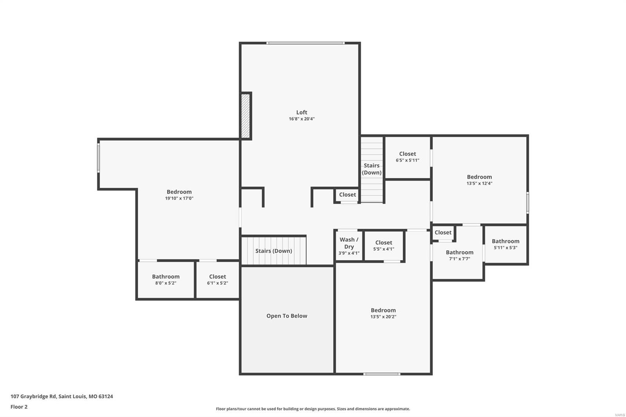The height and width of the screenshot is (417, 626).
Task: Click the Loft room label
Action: pos(301,112)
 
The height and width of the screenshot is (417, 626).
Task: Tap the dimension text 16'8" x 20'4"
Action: pos(301,119)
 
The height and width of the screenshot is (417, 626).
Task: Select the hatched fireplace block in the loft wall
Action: pos(245,116)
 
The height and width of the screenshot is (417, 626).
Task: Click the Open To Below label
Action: pos(286,316)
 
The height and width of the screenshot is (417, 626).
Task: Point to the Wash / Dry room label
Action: pos(349,243)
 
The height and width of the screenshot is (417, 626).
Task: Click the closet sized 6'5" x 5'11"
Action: pos(407,157)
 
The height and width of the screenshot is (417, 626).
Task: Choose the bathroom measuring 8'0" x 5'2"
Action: pos(165,280)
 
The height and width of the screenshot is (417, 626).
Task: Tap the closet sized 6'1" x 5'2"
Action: pos(217,280)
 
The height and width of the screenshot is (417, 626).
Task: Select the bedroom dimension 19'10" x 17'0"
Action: pos(179,198)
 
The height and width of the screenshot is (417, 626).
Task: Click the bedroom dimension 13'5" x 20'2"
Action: pos(383,317)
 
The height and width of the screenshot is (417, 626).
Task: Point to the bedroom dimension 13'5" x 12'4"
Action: pos(479,183)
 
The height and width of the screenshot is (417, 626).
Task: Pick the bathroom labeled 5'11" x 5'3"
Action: pos(505,244)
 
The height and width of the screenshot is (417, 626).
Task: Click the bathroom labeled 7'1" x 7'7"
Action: pos(459,255)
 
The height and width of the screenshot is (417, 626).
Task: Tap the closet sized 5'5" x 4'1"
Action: pos(383,246)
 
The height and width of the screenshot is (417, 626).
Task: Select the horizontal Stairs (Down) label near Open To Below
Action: pos(273,251)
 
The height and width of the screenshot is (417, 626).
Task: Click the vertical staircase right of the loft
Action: pos(371,169)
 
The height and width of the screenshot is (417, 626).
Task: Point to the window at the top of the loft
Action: pos(305,43)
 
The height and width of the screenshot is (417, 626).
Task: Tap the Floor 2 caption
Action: pos(19,407)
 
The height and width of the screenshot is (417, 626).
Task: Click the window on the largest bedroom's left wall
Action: pos(99,157)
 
